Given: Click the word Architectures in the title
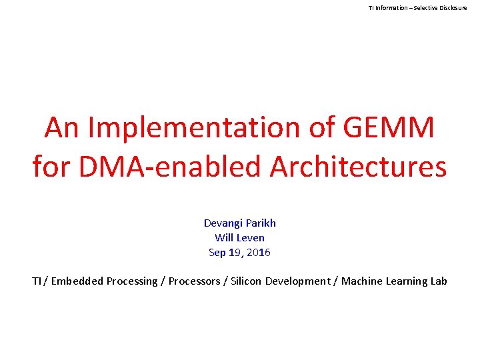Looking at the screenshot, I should click(358, 166).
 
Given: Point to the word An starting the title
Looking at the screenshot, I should click(62, 127).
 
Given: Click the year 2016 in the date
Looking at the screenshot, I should click(259, 253).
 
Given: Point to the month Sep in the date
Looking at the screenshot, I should click(217, 253).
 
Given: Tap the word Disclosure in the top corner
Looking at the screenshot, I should click(454, 7).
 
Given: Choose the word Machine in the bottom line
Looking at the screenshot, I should click(361, 281).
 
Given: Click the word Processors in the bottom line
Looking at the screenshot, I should click(195, 281).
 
